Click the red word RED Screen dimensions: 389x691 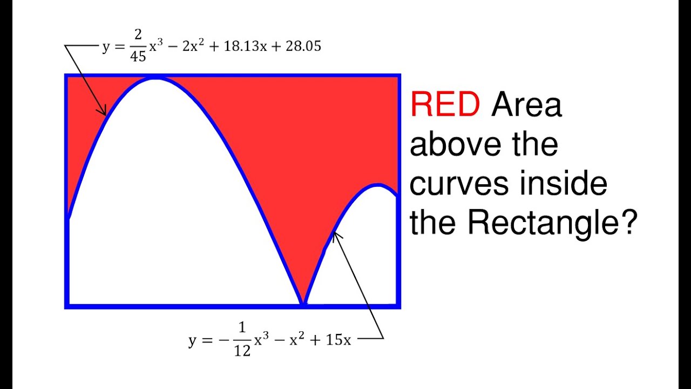tap(445, 104)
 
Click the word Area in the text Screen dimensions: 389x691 tap(526, 104)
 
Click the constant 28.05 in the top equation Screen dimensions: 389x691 tap(300, 46)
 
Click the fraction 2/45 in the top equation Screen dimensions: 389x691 tap(139, 47)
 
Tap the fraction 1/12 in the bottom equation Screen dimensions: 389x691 tap(242, 340)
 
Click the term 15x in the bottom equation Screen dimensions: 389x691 tap(338, 340)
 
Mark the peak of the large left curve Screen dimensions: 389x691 tap(155, 79)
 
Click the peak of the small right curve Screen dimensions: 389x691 tap(377, 185)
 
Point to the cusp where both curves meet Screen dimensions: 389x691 tap(304, 304)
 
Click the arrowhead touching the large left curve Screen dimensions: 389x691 tap(104, 112)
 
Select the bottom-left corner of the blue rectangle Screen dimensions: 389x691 tap(66, 306)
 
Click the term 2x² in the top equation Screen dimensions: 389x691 tap(192, 46)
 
